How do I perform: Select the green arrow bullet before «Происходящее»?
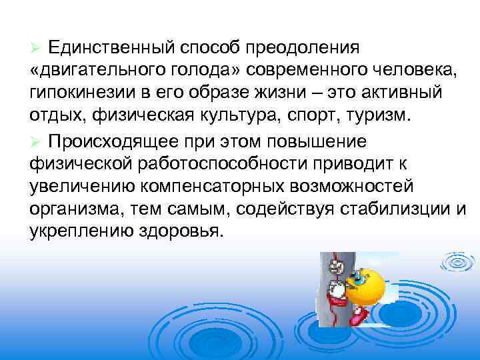click(x=36, y=143)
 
